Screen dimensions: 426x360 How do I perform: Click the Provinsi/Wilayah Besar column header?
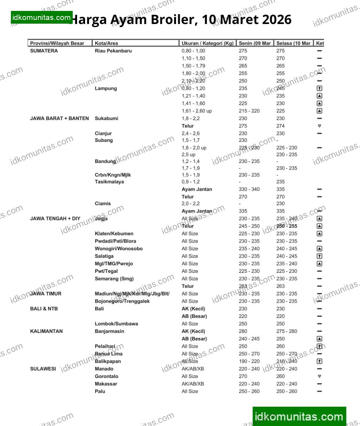[57, 43]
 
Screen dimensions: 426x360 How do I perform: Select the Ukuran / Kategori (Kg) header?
[207, 43]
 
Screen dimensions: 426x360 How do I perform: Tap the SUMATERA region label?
[44, 51]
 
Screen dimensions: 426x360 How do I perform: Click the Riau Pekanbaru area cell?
[113, 51]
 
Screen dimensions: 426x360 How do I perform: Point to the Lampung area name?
[106, 88]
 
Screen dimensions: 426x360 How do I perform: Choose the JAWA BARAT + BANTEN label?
[59, 118]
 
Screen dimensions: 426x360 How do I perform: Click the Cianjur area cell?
[103, 134]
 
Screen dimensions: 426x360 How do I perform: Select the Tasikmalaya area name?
[109, 182]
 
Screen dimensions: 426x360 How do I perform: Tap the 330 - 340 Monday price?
[249, 189]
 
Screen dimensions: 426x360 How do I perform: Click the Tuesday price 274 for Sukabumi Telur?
[280, 126]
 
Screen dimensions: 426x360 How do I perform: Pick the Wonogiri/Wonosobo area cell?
[119, 249]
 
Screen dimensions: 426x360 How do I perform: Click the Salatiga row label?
[104, 256]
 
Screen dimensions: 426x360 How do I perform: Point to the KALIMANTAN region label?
[46, 331]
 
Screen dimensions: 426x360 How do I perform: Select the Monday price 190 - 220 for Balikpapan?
[249, 361]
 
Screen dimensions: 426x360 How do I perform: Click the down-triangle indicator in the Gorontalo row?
[319, 376]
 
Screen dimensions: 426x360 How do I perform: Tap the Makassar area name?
[106, 384]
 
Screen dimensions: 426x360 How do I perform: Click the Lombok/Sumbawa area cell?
[116, 324]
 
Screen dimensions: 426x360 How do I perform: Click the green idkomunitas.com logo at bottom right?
[299, 417]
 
